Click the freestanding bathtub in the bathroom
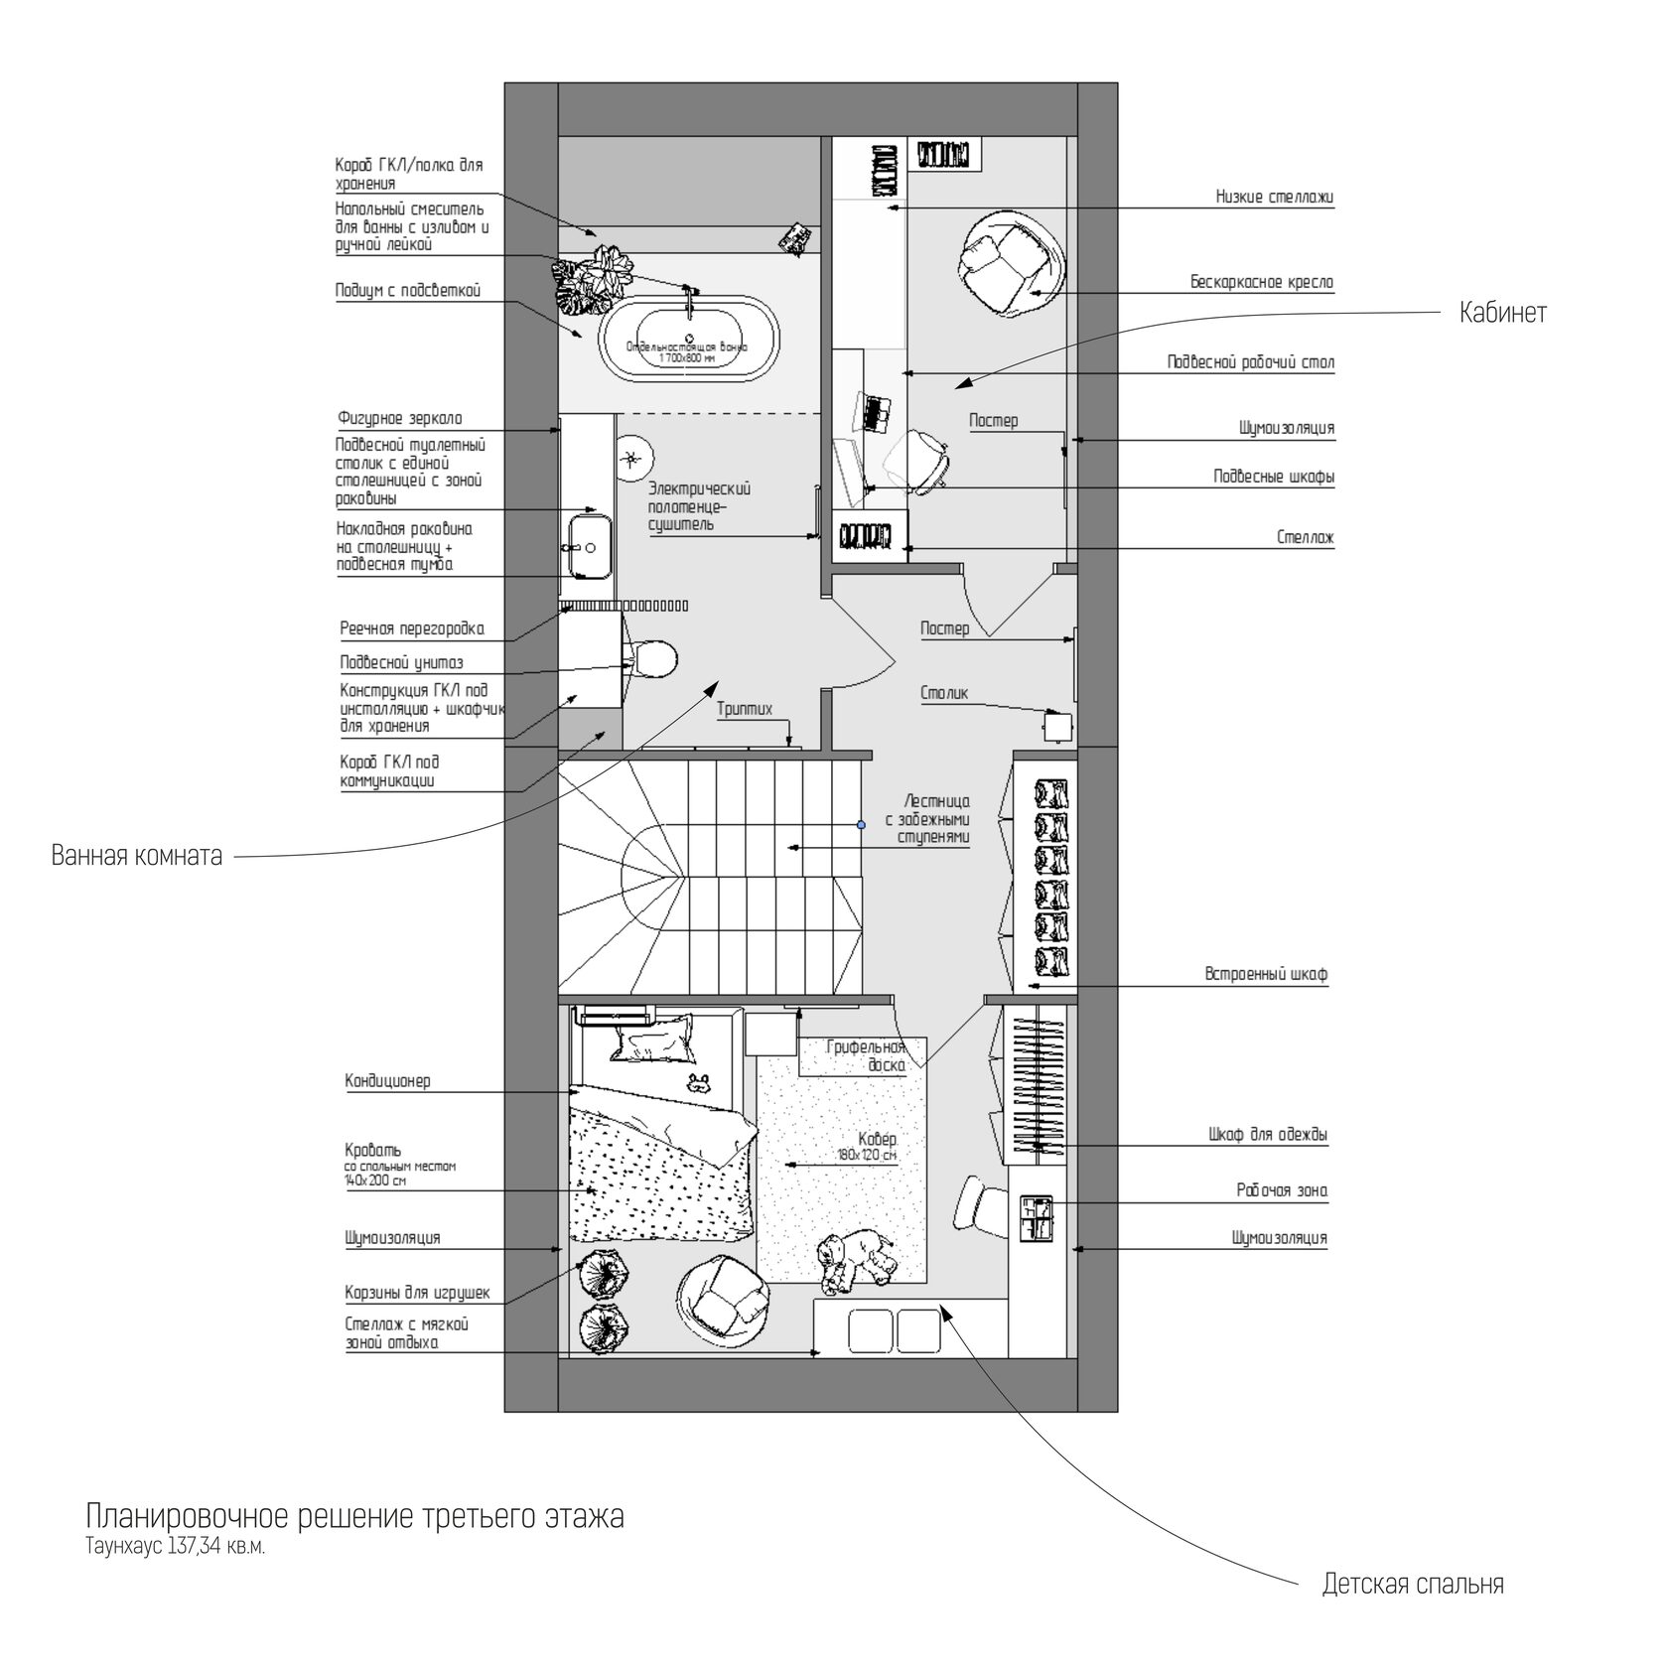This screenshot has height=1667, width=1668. [x=689, y=338]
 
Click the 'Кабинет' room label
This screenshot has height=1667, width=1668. [x=1502, y=314]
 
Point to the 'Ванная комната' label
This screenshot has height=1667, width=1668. [x=137, y=855]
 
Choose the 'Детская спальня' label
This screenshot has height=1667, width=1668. [x=1413, y=1584]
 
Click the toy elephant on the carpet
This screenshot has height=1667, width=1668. [x=856, y=1260]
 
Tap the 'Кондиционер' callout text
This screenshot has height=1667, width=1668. [x=388, y=1080]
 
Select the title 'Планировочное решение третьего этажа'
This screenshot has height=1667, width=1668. [x=355, y=1517]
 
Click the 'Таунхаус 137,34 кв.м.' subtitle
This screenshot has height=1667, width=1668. [x=176, y=1547]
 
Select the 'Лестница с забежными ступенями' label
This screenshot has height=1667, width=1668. [x=927, y=818]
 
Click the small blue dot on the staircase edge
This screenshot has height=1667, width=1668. [x=861, y=824]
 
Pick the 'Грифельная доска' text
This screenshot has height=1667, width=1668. [x=866, y=1055]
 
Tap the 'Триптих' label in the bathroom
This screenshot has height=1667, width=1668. [x=745, y=709]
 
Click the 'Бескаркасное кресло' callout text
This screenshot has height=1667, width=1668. [x=1262, y=282]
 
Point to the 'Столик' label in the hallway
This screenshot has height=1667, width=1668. [x=944, y=693]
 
